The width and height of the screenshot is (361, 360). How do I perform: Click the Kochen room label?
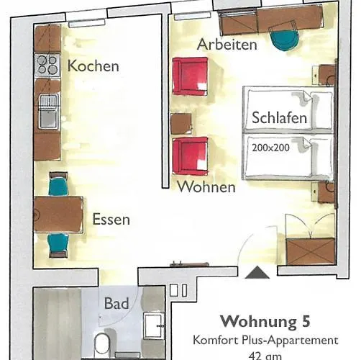point(93,66)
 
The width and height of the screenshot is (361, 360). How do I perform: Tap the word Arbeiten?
point(227,45)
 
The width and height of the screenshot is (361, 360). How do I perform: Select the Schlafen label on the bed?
point(280,117)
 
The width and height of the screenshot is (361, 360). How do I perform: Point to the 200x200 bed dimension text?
point(270,148)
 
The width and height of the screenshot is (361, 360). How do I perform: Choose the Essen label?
point(111,220)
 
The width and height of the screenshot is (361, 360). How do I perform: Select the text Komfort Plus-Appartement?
point(265,340)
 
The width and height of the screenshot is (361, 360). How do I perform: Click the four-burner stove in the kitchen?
point(47,65)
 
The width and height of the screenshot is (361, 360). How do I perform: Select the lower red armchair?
point(190,156)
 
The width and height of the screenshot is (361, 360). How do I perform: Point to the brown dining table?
point(58,215)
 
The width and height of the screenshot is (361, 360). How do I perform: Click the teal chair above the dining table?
point(58,186)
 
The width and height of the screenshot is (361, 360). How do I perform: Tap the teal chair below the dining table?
point(58,243)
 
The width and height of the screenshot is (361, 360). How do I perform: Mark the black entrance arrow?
point(257,272)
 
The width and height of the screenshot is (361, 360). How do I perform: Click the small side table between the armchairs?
point(180,124)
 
